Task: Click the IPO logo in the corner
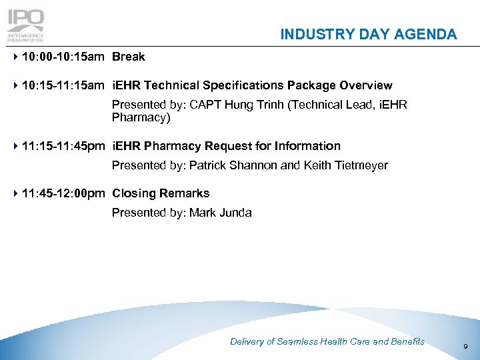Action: (x=25, y=24)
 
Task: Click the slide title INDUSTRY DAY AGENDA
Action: (x=369, y=35)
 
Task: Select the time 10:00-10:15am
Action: (x=63, y=57)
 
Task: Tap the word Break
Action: (x=129, y=57)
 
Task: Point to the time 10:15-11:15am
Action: (x=63, y=86)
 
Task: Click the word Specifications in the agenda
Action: (x=243, y=86)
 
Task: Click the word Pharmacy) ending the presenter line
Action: (x=141, y=117)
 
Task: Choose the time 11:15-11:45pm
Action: (x=63, y=146)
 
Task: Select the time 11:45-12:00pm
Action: (x=63, y=194)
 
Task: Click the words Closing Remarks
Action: (x=161, y=194)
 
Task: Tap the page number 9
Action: (x=465, y=346)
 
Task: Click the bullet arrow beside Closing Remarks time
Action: (x=15, y=194)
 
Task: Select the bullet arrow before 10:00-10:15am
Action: (x=15, y=57)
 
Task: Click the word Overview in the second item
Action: (x=366, y=86)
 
